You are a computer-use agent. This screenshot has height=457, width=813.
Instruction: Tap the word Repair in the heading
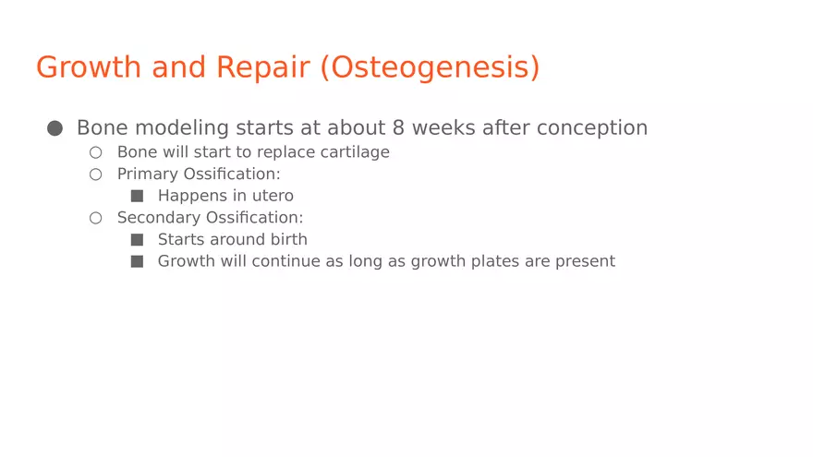coord(262,68)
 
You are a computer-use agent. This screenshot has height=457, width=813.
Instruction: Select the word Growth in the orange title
coord(89,67)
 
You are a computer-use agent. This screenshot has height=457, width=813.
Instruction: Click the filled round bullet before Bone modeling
coord(55,128)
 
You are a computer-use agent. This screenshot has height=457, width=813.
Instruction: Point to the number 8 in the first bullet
coord(398,127)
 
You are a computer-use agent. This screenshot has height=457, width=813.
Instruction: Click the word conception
coord(592,128)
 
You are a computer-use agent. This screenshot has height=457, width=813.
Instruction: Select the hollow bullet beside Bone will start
coord(95,152)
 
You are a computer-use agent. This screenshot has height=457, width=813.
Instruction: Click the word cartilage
coord(355,152)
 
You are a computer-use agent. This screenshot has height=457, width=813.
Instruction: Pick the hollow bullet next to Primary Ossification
coord(95,174)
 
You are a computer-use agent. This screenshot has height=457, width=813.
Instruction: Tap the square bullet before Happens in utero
coord(137,196)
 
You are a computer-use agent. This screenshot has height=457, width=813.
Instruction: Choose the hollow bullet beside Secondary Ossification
coord(95,218)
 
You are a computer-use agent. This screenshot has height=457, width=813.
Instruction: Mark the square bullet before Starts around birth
coord(137,239)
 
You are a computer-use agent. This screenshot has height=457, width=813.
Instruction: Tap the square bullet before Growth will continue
coord(137,261)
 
